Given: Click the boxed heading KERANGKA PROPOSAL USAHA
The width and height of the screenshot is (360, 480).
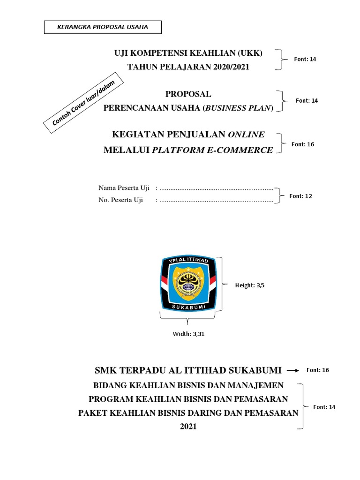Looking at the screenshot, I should [x=102, y=27].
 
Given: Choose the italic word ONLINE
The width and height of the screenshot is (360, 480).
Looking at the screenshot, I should [x=246, y=135].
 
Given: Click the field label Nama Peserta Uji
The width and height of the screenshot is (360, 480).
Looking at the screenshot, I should [x=124, y=188].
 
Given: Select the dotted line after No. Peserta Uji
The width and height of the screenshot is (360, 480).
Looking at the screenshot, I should [x=216, y=201].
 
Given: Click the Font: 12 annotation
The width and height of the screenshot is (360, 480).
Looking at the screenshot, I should [x=300, y=196].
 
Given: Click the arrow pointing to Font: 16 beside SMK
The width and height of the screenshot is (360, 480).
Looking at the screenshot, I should [x=293, y=370].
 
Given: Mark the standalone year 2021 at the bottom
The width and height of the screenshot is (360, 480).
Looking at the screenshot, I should [x=188, y=427].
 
